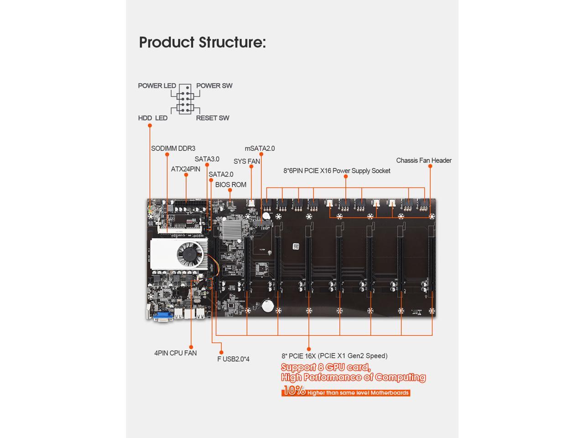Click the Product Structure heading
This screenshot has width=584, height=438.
[x=202, y=42]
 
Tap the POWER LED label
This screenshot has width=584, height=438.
[x=157, y=86]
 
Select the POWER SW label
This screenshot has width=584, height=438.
[x=214, y=86]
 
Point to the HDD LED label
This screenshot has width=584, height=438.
[x=152, y=118]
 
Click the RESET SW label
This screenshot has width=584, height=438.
[x=213, y=118]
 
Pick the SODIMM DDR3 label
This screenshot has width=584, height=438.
[x=173, y=148]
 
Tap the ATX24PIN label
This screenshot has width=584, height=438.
[x=185, y=169]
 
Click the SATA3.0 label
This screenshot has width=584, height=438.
[x=207, y=159]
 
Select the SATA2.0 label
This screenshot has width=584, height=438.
[x=221, y=174]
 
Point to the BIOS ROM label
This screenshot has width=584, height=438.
[x=230, y=185]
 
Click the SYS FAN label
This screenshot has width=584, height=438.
[x=246, y=162]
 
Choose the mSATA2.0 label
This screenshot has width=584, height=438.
[x=260, y=148]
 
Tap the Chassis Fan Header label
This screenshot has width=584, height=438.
[x=423, y=161]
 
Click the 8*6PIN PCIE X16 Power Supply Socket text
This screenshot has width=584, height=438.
[x=337, y=171]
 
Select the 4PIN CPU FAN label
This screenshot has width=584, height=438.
[x=175, y=353]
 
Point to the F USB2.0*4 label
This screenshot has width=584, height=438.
[x=233, y=359]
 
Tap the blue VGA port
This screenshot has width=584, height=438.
[x=162, y=315]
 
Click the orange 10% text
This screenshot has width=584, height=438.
[x=293, y=391]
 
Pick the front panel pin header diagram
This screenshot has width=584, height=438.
[x=185, y=99]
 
